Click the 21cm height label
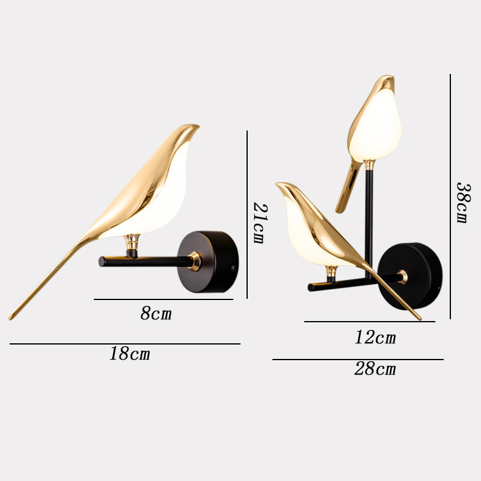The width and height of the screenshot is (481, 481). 259,222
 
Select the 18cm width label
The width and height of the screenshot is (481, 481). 130,354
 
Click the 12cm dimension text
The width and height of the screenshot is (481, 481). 375,337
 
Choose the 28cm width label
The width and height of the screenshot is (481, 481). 375,369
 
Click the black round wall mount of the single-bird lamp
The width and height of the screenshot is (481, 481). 210,262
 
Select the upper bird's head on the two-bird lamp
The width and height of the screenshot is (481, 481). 385,84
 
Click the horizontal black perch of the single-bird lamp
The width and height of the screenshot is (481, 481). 144,262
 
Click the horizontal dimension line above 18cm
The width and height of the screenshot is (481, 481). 125,344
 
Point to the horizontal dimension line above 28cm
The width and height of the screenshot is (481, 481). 358,360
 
